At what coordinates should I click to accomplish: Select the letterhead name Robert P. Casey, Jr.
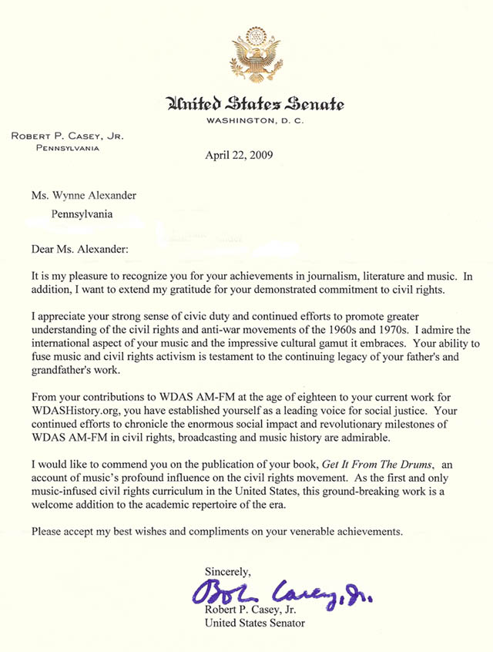coord(67,136)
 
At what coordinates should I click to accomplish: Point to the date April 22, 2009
coord(240,153)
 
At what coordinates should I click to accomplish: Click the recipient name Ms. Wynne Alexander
coord(93,197)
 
